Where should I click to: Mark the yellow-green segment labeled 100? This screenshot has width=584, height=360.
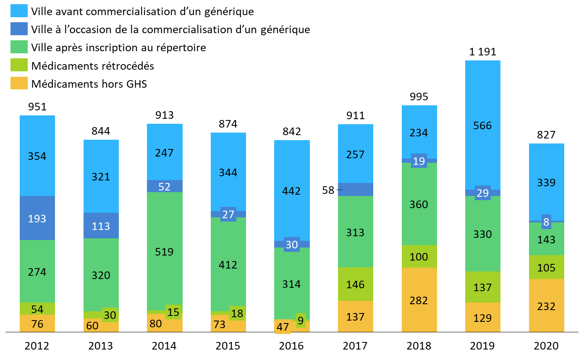point(419,256)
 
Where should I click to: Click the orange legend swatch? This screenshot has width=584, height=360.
point(19,83)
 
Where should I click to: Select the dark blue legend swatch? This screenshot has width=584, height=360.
point(19,29)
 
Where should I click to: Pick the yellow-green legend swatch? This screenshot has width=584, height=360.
point(19,65)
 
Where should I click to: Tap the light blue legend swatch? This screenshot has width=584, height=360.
point(19,10)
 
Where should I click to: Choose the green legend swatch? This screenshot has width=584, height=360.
point(19,47)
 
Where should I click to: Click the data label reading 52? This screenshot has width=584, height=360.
point(165,187)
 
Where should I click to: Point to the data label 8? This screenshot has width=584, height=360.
point(546,222)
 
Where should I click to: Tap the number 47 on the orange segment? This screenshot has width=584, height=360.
point(283,327)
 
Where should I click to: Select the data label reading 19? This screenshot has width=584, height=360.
point(419,161)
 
